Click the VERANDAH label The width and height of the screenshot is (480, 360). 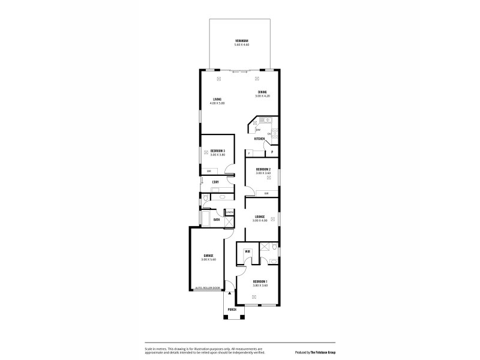[x=241, y=41]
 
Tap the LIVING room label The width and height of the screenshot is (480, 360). [x=217, y=99]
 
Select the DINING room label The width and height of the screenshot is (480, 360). [x=262, y=92]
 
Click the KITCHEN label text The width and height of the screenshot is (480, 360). [x=259, y=139]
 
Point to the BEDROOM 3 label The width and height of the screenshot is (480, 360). [x=217, y=150]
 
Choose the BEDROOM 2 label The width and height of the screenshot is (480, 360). [x=263, y=169]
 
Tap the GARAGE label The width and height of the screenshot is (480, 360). [x=208, y=255]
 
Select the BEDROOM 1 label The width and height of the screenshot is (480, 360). [x=260, y=281]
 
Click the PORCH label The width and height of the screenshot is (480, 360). [x=232, y=310]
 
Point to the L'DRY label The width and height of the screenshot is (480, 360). [x=215, y=182]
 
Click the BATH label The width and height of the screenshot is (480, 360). [x=216, y=220]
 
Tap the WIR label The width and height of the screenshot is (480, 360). [x=247, y=251]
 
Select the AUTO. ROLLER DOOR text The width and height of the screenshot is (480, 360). [x=208, y=288]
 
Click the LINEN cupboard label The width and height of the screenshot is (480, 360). [x=229, y=212]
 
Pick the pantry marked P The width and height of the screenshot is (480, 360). [x=272, y=152]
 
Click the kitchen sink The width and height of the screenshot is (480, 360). [x=270, y=121]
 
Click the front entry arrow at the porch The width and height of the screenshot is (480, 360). [x=229, y=295]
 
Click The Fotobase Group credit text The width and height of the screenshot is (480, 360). [x=317, y=352]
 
